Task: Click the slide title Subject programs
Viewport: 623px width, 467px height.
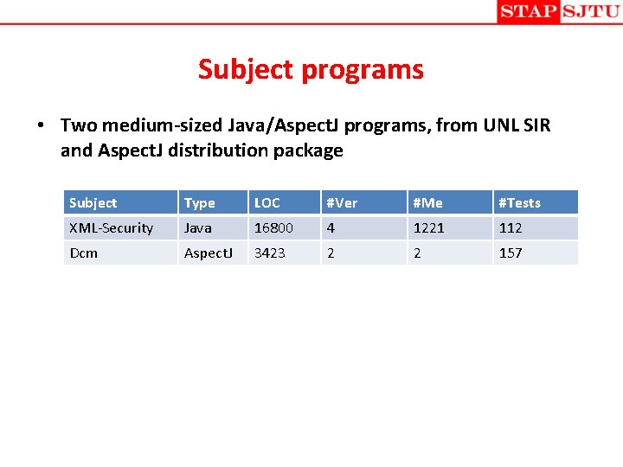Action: click(x=311, y=69)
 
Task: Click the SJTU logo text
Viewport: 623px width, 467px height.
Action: click(x=591, y=11)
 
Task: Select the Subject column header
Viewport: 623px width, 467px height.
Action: click(x=93, y=202)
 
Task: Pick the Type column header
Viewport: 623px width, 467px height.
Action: click(x=199, y=202)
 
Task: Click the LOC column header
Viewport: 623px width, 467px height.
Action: click(x=267, y=202)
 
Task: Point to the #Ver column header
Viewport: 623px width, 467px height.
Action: click(x=341, y=202)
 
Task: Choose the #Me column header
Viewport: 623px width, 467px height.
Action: click(x=427, y=202)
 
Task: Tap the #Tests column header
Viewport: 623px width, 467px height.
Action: click(x=519, y=202)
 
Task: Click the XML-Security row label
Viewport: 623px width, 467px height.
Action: click(x=111, y=227)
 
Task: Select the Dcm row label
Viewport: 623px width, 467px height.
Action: click(x=83, y=253)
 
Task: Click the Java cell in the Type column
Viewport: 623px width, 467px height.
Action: click(x=197, y=227)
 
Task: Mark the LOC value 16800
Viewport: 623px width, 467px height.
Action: click(x=273, y=227)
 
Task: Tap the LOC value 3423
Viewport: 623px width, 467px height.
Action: click(x=269, y=253)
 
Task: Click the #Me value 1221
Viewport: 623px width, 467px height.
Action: click(x=428, y=227)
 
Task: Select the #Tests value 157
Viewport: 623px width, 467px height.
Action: click(x=511, y=253)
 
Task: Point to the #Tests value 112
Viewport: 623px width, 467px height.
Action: click(x=511, y=227)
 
